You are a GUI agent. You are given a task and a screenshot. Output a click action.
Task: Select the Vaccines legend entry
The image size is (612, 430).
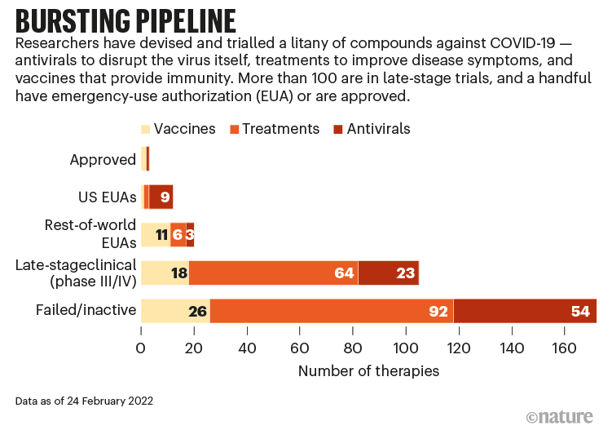coord(178,129)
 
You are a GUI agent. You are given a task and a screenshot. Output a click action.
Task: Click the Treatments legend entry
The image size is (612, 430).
coord(274,129)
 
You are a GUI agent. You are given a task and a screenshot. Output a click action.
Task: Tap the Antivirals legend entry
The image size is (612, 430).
coord(372,129)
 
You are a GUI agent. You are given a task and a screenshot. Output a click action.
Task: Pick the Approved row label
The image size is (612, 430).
coord(103,159)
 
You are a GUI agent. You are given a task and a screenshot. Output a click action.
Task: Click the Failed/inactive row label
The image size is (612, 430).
coord(86,310)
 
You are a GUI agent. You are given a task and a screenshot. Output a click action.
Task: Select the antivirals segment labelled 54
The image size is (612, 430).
coord(525,311)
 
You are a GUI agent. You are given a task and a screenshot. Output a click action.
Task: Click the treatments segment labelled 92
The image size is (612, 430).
coord(332,311)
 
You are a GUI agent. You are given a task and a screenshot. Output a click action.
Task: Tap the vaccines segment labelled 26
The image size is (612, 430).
coord(175,311)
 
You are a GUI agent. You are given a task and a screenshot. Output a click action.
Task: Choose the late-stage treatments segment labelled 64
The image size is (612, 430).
coord(274,273)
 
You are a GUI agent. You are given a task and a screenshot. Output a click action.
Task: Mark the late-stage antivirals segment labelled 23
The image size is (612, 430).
coord(388,273)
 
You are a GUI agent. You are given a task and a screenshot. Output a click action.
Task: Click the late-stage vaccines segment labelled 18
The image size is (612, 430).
coord(165,273)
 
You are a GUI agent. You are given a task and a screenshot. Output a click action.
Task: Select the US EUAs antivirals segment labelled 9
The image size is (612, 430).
coord(161,197)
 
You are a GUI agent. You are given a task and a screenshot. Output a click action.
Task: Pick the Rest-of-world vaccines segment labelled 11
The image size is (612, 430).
coord(156,235)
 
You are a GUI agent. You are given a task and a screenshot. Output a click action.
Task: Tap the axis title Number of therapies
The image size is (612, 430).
coord(368,371)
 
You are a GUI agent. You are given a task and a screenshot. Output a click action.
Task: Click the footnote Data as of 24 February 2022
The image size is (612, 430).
coord(83,401)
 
